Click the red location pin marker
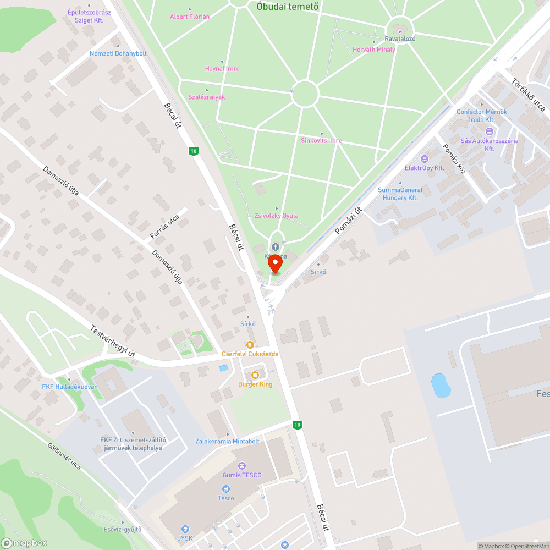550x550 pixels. click(x=275, y=264)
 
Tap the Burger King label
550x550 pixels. click(x=255, y=384)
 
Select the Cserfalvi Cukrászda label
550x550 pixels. click(x=250, y=354)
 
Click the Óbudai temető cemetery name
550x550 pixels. click(x=288, y=7)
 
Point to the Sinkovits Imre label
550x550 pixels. click(x=321, y=141)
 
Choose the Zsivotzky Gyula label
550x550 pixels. click(x=277, y=216)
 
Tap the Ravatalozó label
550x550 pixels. click(x=400, y=38)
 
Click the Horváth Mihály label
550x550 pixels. click(x=374, y=50)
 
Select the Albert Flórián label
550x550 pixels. click(x=190, y=16)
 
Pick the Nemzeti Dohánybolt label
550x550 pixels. click(x=118, y=53)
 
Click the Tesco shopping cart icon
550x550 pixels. click(x=226, y=488)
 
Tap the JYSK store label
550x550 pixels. click(x=185, y=538)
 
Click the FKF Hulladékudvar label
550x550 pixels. click(x=69, y=387)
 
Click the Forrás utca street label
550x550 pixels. click(x=164, y=227)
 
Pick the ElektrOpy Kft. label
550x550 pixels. click(x=424, y=168)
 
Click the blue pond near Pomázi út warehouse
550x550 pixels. click(x=441, y=386)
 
